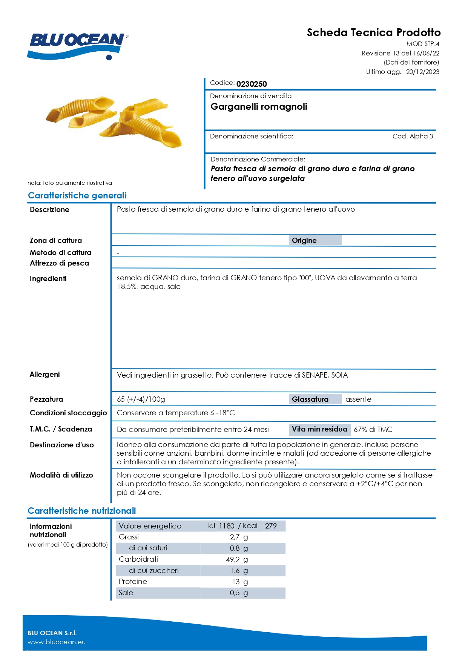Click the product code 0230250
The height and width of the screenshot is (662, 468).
coord(252,84)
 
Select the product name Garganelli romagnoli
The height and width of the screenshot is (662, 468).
coord(259,107)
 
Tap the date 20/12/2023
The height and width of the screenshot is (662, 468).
coord(422,72)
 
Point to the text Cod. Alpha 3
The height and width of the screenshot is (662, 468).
coord(413,136)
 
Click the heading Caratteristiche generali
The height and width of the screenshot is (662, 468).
coord(77,195)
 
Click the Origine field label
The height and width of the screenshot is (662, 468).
coord(304,241)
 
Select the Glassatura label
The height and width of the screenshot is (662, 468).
coord(310,399)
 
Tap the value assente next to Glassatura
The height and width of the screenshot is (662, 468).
coord(358,399)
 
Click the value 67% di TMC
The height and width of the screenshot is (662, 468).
coord(373,429)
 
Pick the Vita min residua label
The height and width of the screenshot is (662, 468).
coord(319,429)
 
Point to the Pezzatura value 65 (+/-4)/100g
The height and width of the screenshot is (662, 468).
coord(141,399)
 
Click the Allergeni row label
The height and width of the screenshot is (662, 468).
coord(45,374)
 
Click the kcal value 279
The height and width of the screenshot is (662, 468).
coord(271,526)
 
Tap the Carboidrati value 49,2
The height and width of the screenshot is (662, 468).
coord(233,559)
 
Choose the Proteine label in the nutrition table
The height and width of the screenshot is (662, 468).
coord(133,582)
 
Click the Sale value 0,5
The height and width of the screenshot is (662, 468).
coord(235,593)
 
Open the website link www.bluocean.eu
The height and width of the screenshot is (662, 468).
coord(57,642)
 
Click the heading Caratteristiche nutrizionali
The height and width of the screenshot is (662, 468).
coord(82,511)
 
